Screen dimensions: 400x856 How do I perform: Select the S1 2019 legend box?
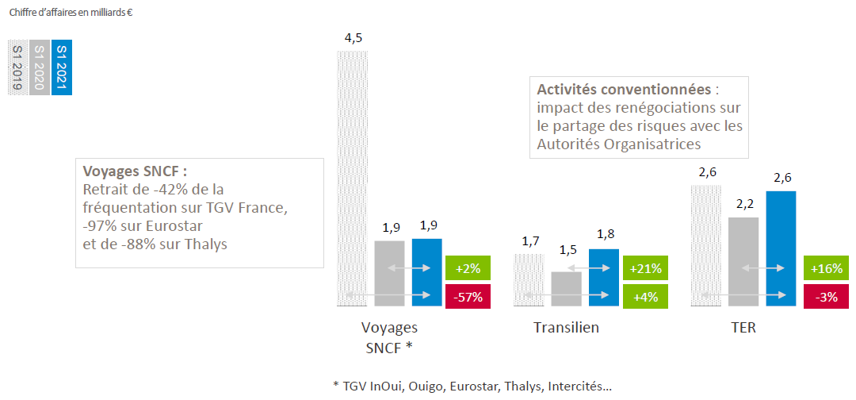pos(18,67)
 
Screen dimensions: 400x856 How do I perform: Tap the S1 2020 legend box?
pos(40,67)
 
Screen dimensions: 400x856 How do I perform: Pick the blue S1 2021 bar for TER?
pos(781,248)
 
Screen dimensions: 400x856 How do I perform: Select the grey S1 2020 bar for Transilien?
pos(567,289)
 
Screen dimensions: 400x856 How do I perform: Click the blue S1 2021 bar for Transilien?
pos(604,277)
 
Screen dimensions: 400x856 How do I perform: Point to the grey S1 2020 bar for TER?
pos(743,261)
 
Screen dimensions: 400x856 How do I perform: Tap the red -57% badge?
pos(468,295)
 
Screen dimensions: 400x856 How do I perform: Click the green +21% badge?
pos(646,268)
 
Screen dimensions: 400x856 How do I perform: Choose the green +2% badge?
pos(468,268)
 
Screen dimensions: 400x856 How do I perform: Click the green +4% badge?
pos(646,295)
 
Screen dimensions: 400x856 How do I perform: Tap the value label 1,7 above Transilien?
pos(530,240)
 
